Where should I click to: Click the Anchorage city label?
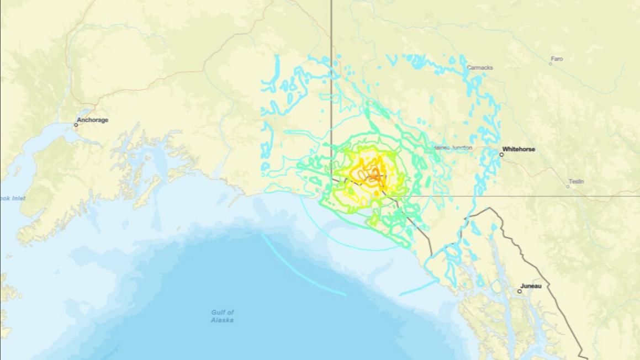coord(92,120)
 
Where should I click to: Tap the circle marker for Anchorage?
coord(76,125)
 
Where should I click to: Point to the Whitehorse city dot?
coord(501,155)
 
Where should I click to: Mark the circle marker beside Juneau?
coord(520,291)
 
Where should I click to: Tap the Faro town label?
coord(557,59)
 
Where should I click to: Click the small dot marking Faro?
coord(550,64)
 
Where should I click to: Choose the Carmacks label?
coord(479,68)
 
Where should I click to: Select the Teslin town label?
coord(576,181)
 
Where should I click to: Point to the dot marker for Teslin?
coord(567,187)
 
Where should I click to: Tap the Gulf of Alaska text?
coord(222,316)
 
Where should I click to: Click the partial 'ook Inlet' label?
coord(12,198)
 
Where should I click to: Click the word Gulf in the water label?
coord(223,313)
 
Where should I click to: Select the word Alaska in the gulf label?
coord(222,320)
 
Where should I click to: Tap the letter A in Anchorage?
coord(79,120)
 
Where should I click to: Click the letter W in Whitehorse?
coord(505,149)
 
